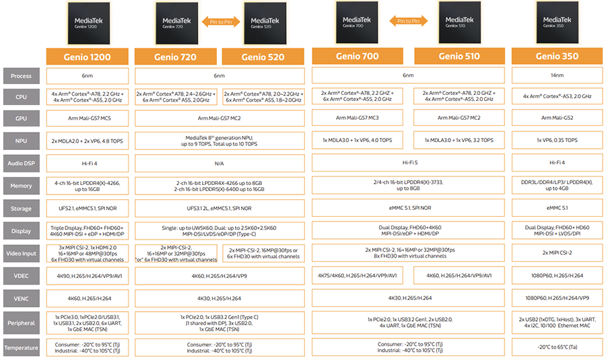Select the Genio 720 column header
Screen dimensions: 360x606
176,57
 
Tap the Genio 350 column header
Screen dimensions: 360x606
555,57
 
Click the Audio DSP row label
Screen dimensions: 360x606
21,162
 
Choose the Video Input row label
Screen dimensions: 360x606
21,253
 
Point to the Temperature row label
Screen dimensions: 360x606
21,348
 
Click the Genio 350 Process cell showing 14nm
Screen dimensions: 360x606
555,76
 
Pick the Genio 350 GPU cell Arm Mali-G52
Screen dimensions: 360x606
555,118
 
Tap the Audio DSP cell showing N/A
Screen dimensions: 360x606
220,162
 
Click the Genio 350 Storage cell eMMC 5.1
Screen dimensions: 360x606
555,209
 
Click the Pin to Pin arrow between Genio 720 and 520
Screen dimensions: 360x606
220,22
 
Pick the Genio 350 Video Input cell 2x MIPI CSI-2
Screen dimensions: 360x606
555,253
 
